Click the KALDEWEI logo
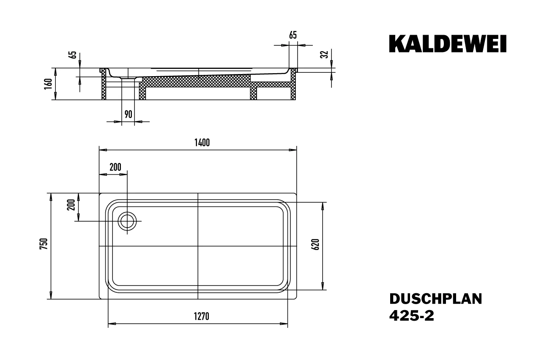(x=447, y=44)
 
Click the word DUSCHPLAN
(x=435, y=299)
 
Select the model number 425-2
(x=411, y=316)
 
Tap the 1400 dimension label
(x=202, y=143)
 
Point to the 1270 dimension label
(x=202, y=317)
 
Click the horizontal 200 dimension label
(x=115, y=167)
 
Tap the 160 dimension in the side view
(x=49, y=83)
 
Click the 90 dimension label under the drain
(x=129, y=114)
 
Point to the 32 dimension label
(x=324, y=55)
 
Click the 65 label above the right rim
(x=293, y=36)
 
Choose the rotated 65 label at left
(x=72, y=55)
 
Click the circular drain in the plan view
(x=127, y=221)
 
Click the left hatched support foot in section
(x=103, y=87)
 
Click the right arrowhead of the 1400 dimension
(x=293, y=150)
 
